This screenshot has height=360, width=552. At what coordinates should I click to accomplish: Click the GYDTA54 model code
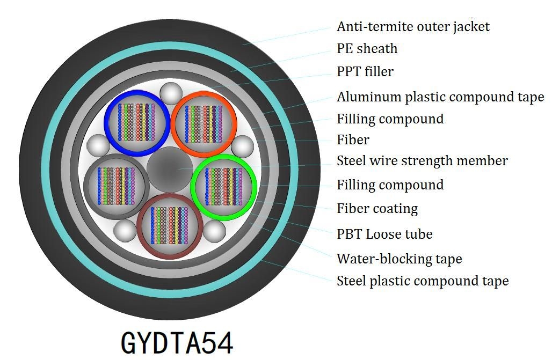click(177, 342)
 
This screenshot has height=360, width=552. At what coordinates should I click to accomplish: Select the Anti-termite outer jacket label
click(413, 27)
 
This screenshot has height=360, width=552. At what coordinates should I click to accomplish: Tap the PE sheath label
click(367, 49)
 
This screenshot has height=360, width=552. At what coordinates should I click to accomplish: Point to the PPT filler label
click(365, 71)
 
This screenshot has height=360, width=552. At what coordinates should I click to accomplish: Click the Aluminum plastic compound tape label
click(440, 97)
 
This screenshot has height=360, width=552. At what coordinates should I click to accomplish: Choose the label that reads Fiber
click(353, 139)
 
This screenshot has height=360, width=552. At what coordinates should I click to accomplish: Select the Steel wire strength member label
click(422, 161)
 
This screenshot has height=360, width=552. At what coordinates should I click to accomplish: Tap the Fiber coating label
click(377, 209)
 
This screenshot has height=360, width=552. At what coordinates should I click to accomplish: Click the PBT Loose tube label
click(385, 234)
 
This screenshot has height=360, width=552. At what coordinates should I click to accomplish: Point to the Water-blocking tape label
click(399, 259)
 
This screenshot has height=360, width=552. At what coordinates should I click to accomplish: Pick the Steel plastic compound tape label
click(423, 281)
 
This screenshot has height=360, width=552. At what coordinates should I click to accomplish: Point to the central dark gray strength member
click(170, 170)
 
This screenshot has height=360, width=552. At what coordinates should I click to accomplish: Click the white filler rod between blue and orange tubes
click(171, 93)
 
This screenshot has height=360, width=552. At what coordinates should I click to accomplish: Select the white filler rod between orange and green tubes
click(243, 146)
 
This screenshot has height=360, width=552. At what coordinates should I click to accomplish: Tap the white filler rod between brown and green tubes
click(214, 231)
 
